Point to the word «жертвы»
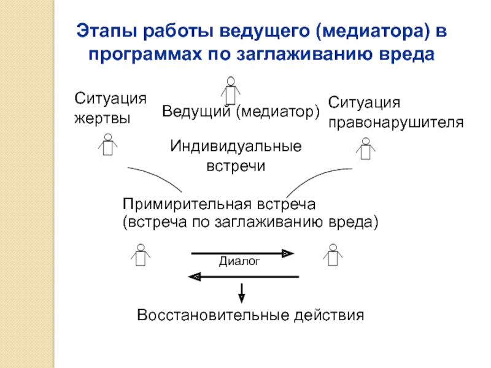[x=102, y=117]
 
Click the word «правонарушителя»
[x=396, y=122]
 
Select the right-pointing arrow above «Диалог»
[x=242, y=253]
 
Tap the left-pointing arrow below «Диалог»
[x=242, y=277]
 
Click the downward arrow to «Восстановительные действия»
[x=242, y=293]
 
